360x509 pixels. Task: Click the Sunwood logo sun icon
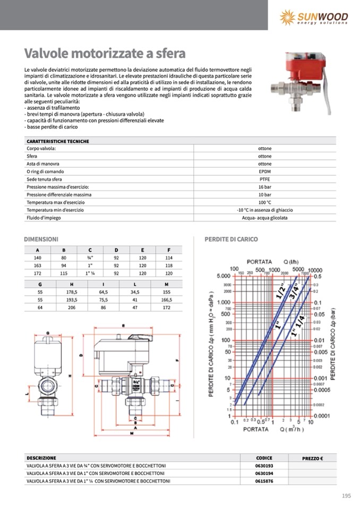tap(287, 18)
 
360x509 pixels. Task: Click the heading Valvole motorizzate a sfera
tap(105, 54)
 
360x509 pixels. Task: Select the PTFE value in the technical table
tap(264, 179)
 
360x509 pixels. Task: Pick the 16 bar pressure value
tap(264, 187)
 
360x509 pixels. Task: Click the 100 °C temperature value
tap(264, 202)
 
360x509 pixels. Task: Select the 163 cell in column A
tap(37, 265)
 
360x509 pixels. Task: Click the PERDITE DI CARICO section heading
tap(231, 239)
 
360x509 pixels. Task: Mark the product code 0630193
tap(264, 465)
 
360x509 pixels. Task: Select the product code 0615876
tap(264, 481)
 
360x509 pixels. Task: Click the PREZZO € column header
tap(313, 458)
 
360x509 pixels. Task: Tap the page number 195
tap(346, 496)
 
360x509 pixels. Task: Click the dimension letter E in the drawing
tap(123, 325)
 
